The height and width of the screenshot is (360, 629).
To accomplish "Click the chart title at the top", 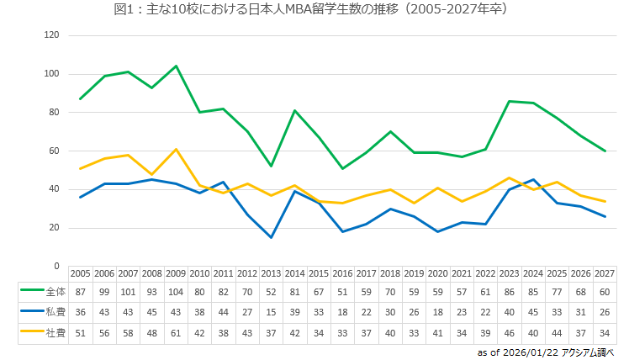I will click(x=314, y=10).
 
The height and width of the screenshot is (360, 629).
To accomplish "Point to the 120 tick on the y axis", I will click(x=52, y=35).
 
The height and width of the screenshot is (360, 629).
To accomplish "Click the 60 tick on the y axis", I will click(x=55, y=151).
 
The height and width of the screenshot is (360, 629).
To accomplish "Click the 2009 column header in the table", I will click(x=176, y=274).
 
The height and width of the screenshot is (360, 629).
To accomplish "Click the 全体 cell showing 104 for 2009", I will click(x=176, y=292).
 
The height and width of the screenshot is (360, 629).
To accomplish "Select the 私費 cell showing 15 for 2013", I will click(x=272, y=312).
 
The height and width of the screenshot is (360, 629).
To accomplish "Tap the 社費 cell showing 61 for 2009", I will click(x=176, y=332).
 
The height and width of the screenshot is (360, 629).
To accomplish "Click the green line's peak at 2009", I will click(x=176, y=66).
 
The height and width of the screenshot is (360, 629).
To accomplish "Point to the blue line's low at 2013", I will click(x=272, y=237).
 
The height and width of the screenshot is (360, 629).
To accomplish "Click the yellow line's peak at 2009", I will click(x=176, y=149).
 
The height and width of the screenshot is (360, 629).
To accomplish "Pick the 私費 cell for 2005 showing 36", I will click(x=80, y=312).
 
